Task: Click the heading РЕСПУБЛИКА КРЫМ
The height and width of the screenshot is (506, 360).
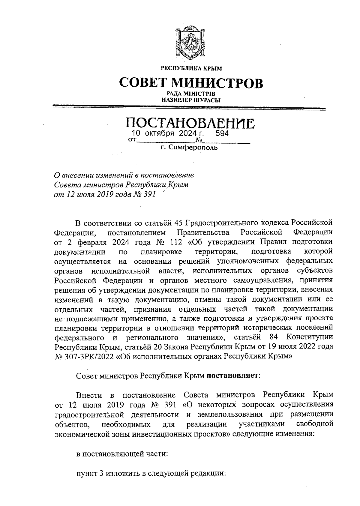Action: click(191, 68)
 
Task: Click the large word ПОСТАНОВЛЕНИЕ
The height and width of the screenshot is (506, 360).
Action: click(190, 123)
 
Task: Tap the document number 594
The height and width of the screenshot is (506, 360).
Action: click(222, 133)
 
